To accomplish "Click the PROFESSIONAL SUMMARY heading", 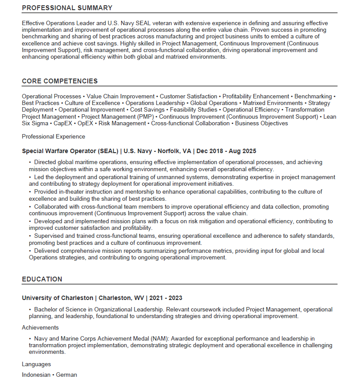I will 67,8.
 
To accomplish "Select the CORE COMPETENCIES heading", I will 60,81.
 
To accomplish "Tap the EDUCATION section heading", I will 42,279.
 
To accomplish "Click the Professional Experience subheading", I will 53,136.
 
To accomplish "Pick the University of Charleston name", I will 57,298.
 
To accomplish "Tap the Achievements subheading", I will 40,328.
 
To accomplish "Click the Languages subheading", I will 36,364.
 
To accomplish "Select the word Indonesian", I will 36,375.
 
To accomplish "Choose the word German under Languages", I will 67,375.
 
